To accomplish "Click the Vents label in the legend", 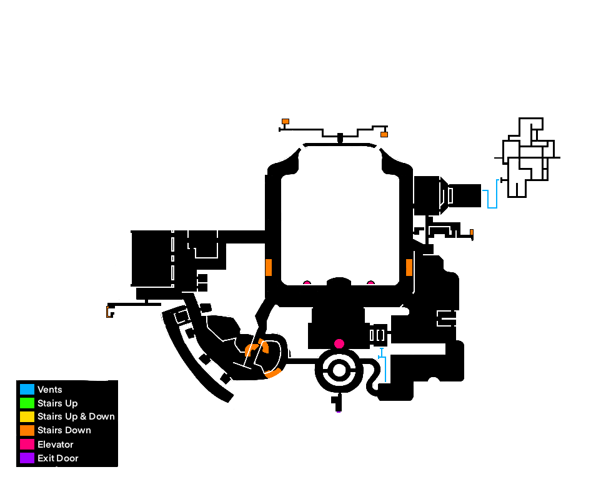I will click(x=50, y=390).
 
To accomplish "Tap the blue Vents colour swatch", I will click(x=27, y=389).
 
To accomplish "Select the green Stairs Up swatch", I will click(x=27, y=403).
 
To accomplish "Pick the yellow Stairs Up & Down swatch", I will click(x=27, y=416).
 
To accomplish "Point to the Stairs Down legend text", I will click(x=64, y=430).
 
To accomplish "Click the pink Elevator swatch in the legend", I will click(x=27, y=444).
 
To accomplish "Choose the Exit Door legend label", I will click(x=57, y=458).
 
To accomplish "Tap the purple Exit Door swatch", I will click(x=27, y=458).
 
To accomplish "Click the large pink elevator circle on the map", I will click(x=339, y=343).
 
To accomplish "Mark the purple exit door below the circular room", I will click(x=339, y=412).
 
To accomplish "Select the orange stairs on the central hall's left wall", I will click(x=269, y=267).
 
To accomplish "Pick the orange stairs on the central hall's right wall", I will click(x=409, y=267).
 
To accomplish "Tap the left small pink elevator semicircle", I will click(x=307, y=283).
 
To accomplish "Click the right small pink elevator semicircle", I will click(x=370, y=283).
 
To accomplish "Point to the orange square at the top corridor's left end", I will click(x=285, y=121).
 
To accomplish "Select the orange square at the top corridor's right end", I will click(x=384, y=134).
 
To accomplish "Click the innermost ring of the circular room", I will click(x=339, y=370).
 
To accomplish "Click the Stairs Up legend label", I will click(x=57, y=403).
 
